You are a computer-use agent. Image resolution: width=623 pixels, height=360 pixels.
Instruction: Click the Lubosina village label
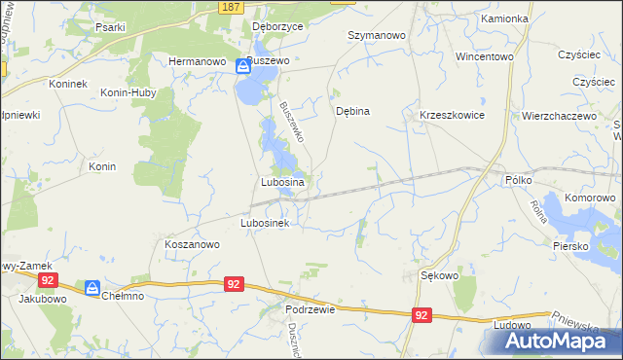tap(283, 182)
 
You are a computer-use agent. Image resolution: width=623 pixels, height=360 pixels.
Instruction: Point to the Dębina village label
tap(352, 111)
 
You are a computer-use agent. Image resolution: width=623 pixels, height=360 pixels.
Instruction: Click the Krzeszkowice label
tap(452, 115)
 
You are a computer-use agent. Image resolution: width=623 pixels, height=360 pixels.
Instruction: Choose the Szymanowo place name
tap(377, 35)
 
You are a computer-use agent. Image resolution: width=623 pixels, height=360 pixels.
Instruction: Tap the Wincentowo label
tap(484, 56)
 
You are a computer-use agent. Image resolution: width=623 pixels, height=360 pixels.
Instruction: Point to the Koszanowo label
tap(191, 245)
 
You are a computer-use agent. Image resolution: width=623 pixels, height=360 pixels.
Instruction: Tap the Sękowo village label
tap(439, 275)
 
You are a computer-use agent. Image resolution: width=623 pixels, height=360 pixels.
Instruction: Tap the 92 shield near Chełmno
tap(233, 283)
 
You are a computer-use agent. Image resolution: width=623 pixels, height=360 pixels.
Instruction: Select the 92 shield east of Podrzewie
tap(421, 315)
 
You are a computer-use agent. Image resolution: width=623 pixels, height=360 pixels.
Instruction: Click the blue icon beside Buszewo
tap(243, 67)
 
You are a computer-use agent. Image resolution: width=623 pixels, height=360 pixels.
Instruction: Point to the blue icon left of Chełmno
tap(92, 288)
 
